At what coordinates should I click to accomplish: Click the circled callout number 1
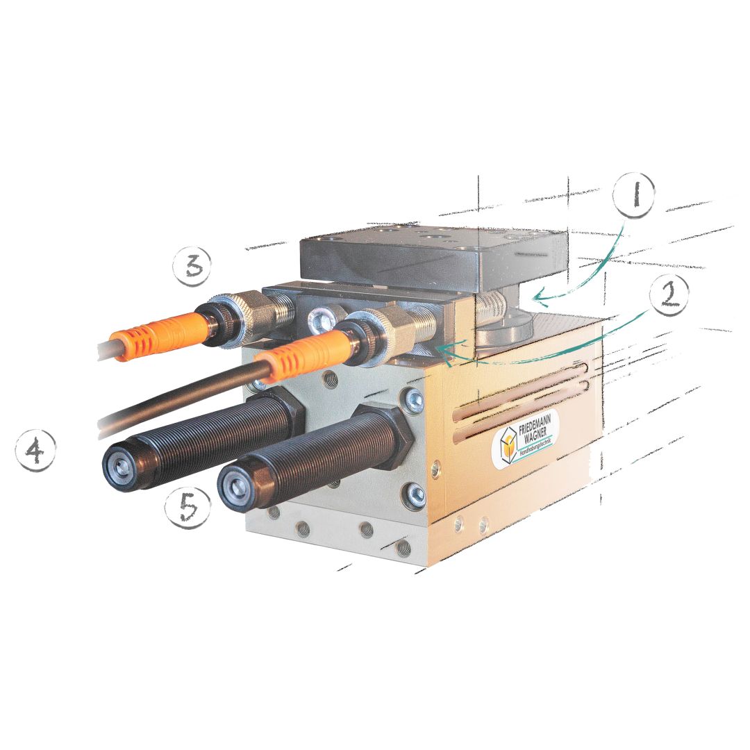coord(634,195)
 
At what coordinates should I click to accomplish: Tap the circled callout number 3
coord(192,266)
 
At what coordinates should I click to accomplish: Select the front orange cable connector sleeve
coord(303,352)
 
